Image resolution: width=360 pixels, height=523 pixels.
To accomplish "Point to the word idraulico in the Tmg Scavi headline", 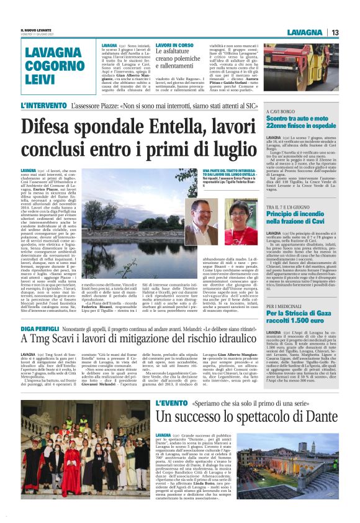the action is coord(212,339).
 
